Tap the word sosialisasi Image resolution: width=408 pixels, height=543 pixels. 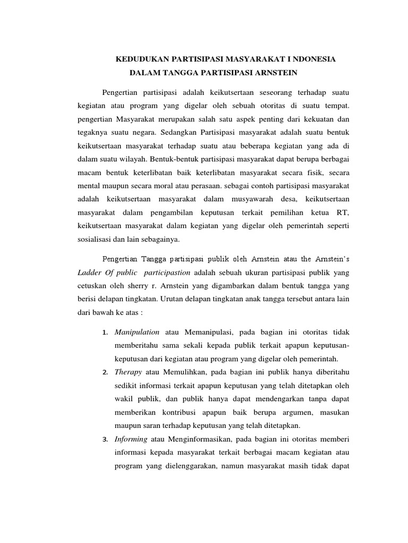point(96,239)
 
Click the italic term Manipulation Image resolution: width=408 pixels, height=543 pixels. point(137,332)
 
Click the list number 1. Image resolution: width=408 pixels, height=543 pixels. point(105,332)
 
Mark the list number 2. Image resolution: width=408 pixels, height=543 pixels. point(105,372)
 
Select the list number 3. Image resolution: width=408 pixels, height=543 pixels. point(105,440)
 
